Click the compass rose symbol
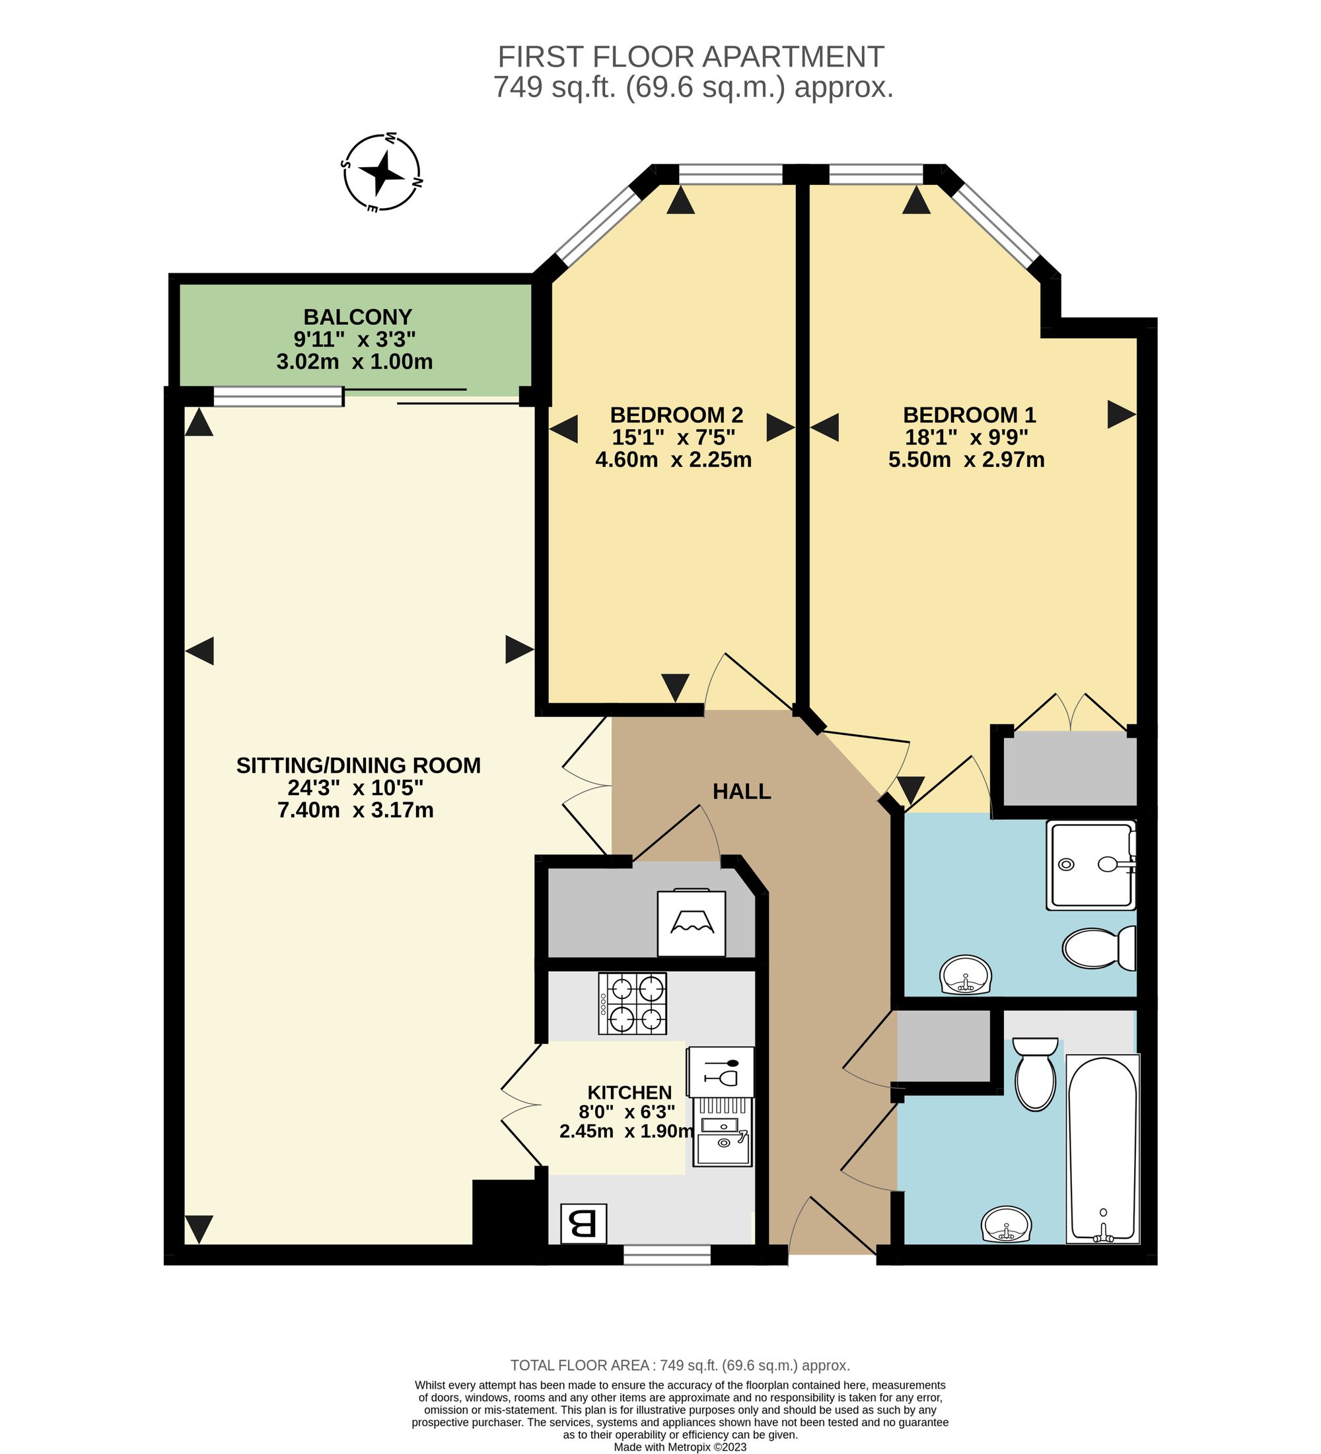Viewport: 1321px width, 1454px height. click(x=382, y=172)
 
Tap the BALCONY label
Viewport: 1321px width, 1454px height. click(x=357, y=317)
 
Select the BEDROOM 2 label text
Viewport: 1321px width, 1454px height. click(x=676, y=415)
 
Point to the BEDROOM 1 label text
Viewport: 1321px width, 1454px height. click(x=969, y=415)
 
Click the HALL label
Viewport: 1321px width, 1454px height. click(x=742, y=792)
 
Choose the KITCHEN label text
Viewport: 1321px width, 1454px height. click(x=629, y=1093)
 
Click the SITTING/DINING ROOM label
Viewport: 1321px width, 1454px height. click(x=359, y=765)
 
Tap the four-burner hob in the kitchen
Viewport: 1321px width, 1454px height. click(x=632, y=1003)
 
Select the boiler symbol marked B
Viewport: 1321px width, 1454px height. click(x=584, y=1224)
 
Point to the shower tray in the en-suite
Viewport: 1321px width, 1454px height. click(x=1092, y=865)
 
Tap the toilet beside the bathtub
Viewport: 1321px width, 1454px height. click(x=1035, y=1074)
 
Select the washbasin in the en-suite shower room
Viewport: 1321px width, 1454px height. click(x=966, y=975)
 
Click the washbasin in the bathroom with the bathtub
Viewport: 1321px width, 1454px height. click(x=1007, y=1226)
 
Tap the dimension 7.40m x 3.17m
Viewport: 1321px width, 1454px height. click(x=356, y=810)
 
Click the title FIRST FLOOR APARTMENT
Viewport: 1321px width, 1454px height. click(x=691, y=56)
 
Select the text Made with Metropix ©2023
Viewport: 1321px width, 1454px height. click(x=680, y=1447)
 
